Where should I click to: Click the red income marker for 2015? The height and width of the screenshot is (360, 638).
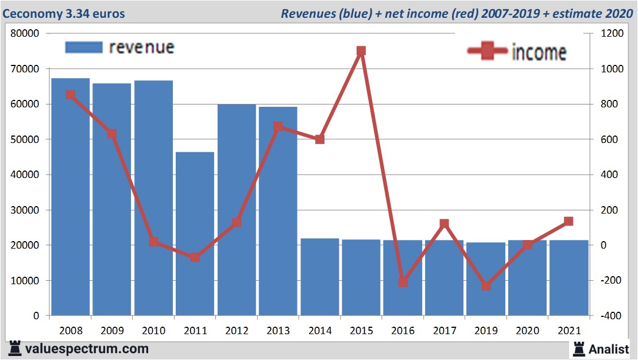click(361, 51)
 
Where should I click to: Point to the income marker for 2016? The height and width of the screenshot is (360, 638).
click(403, 282)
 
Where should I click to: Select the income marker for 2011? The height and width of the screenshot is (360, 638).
click(195, 257)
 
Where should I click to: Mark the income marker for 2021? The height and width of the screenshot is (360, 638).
click(569, 221)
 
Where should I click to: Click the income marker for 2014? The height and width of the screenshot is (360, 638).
click(320, 139)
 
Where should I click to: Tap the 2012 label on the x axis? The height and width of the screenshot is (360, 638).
click(237, 331)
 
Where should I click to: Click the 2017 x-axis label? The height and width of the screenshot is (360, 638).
click(444, 331)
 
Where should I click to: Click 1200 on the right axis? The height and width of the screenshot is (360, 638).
click(611, 33)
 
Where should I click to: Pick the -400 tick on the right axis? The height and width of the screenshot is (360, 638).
click(611, 316)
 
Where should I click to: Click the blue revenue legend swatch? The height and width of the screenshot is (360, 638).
click(83, 48)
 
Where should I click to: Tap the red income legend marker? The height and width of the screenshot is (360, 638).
click(488, 51)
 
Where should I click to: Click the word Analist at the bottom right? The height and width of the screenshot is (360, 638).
click(609, 348)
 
